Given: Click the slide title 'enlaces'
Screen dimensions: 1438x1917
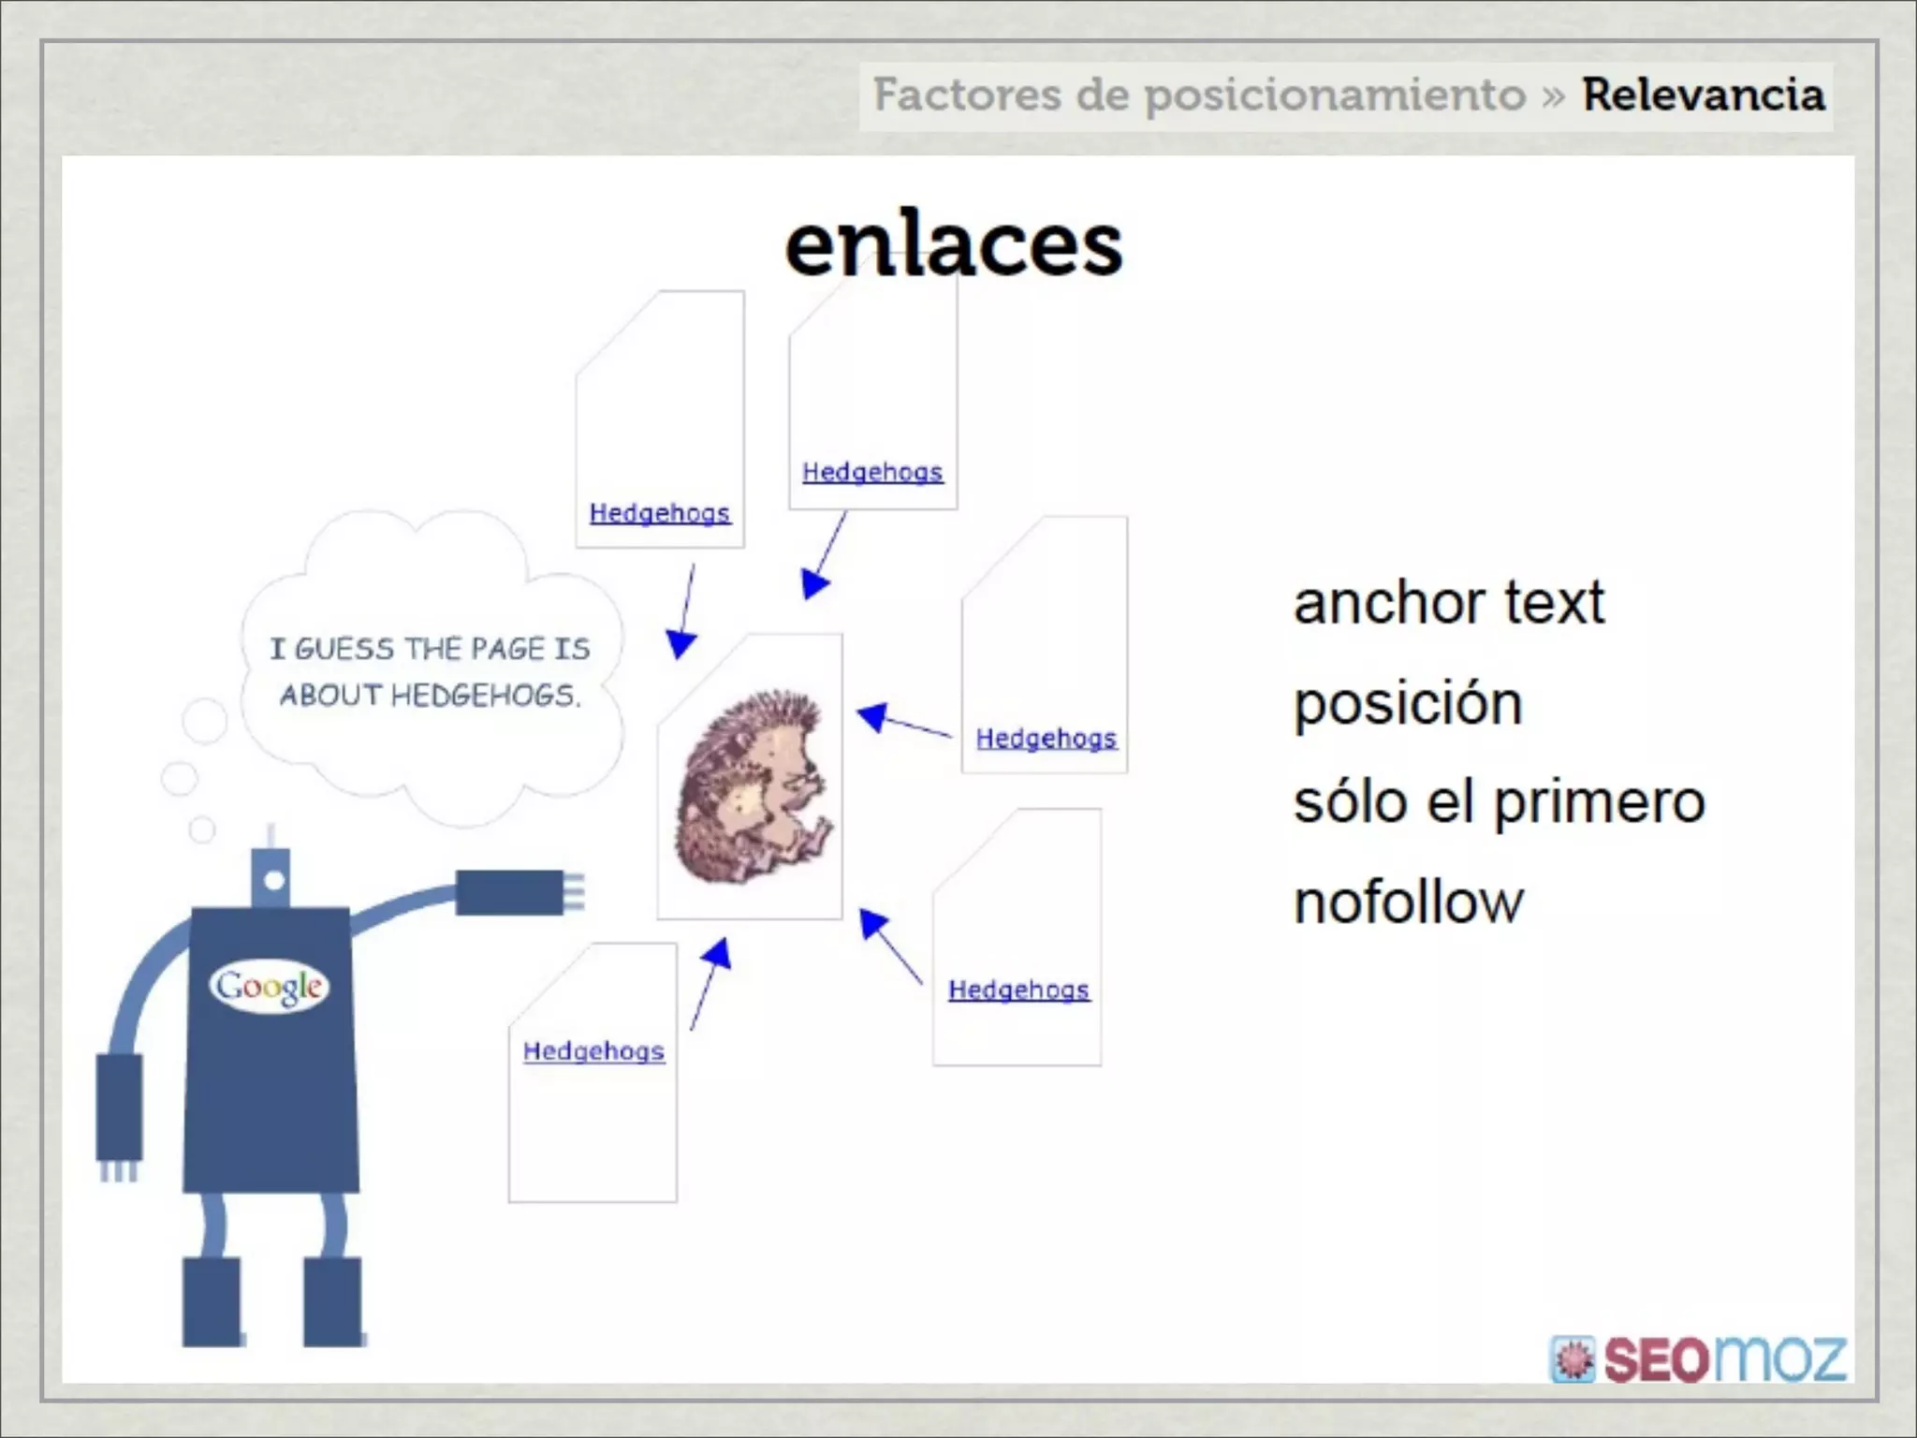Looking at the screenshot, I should (x=953, y=245).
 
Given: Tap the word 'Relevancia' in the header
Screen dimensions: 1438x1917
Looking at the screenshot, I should (x=1704, y=95).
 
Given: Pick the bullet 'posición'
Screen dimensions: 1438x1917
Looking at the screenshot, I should (x=1408, y=703).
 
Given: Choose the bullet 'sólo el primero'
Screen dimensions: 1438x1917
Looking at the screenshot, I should (x=1500, y=802).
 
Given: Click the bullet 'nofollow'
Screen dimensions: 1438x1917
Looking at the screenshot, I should (x=1409, y=902).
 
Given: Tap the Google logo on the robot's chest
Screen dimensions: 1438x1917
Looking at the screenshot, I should (x=270, y=986).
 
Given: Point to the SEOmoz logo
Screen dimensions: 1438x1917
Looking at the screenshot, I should (x=1699, y=1358).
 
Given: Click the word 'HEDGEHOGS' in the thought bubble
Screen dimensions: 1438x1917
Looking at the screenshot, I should (x=485, y=696).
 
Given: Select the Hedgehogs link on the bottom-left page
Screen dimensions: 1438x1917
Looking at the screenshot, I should (x=593, y=1051).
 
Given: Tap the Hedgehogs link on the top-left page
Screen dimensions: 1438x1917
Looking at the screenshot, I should (x=660, y=513).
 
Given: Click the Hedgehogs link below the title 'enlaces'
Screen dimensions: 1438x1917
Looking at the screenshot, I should (x=872, y=472).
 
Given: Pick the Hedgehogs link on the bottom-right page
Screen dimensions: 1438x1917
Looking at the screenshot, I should (x=1018, y=990).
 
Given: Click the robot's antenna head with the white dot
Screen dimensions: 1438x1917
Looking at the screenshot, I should (x=273, y=880).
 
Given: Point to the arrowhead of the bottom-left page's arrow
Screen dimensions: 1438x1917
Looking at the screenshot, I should (x=718, y=953).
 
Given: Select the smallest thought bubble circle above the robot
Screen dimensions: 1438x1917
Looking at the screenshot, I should (x=202, y=829).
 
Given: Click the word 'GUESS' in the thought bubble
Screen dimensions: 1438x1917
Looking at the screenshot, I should (x=344, y=649).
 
